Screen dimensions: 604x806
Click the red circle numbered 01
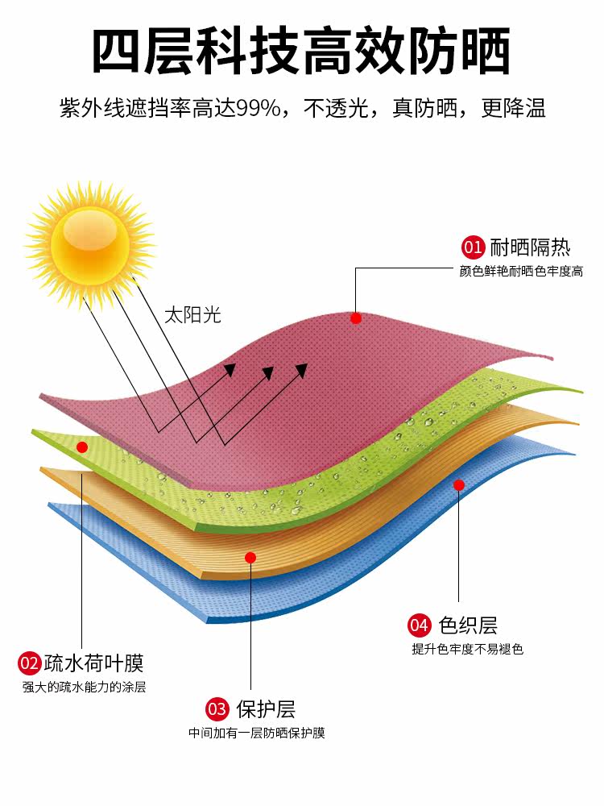[472, 247]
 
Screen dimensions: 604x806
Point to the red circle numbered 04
[420, 625]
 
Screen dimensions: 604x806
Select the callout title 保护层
[266, 709]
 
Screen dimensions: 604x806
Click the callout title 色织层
[467, 625]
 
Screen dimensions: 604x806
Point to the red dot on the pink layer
[356, 318]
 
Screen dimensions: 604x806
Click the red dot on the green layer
[81, 447]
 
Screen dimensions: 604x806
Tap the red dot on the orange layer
[250, 557]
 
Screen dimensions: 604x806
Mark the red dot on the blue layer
[458, 485]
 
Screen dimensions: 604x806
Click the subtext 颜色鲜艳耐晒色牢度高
[521, 272]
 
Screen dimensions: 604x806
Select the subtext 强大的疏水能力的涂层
[85, 688]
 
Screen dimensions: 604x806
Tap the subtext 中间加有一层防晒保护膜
[257, 733]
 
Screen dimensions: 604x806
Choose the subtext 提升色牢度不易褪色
[468, 649]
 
